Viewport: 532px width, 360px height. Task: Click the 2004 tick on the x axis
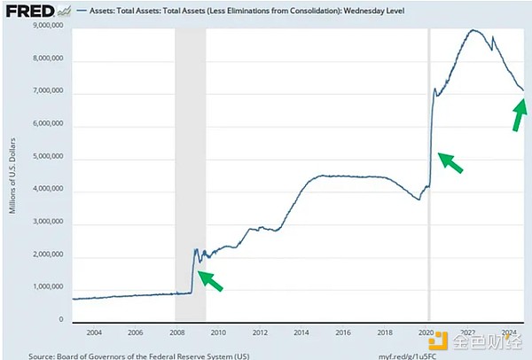[92, 333]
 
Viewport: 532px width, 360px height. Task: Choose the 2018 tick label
[384, 333]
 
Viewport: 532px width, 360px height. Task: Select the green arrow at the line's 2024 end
[519, 115]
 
